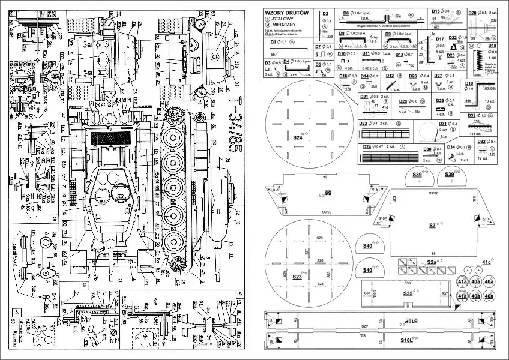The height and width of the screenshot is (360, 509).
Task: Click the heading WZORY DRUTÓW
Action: point(291,13)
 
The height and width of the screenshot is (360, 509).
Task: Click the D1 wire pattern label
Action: point(274,42)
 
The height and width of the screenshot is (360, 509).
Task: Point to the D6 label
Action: point(346,13)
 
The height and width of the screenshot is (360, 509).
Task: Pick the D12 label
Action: point(390,76)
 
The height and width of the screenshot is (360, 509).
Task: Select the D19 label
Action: point(469,83)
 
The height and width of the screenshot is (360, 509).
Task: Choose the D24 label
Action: point(367,146)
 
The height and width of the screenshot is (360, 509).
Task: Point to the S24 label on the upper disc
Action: point(297,138)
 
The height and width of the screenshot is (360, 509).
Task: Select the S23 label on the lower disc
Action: point(297,277)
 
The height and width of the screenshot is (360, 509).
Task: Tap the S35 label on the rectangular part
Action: point(408,293)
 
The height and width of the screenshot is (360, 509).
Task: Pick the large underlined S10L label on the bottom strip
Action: point(406,341)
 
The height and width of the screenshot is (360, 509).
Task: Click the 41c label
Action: point(486,262)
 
